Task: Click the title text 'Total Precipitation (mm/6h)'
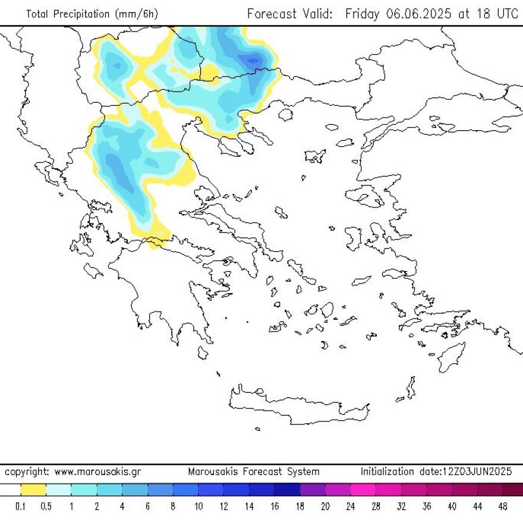92,14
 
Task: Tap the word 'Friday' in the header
361,14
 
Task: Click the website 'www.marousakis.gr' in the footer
97,472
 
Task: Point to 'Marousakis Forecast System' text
254,472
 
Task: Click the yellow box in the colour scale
33,490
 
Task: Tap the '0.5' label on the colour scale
46,507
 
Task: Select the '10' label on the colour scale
199,507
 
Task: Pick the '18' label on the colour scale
300,507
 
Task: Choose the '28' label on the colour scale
377,507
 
